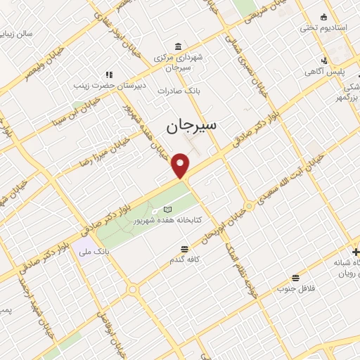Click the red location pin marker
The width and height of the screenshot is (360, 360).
point(181,165)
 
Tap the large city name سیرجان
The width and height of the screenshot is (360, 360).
point(193,126)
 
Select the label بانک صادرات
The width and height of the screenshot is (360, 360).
point(175,91)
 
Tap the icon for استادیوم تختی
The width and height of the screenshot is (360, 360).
point(323,17)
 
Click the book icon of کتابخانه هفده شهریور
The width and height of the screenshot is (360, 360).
point(167,209)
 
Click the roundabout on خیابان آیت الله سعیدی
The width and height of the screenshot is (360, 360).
point(248,206)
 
